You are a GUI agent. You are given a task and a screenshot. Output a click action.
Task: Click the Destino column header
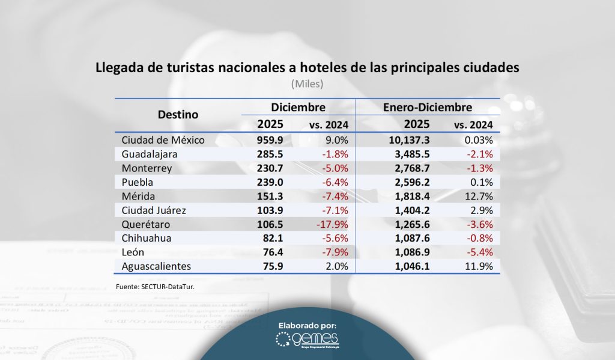click(x=178, y=114)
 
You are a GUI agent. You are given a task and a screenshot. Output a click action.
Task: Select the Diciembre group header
click(x=298, y=107)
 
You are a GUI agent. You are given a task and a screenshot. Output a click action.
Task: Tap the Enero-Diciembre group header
click(x=427, y=107)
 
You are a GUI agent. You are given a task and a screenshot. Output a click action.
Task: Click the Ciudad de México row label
click(x=163, y=140)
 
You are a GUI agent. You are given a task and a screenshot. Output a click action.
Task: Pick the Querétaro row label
click(x=145, y=224)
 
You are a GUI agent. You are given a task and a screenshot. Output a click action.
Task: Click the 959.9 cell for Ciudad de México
click(x=270, y=140)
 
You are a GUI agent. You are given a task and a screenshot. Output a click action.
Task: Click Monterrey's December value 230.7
click(x=270, y=168)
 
